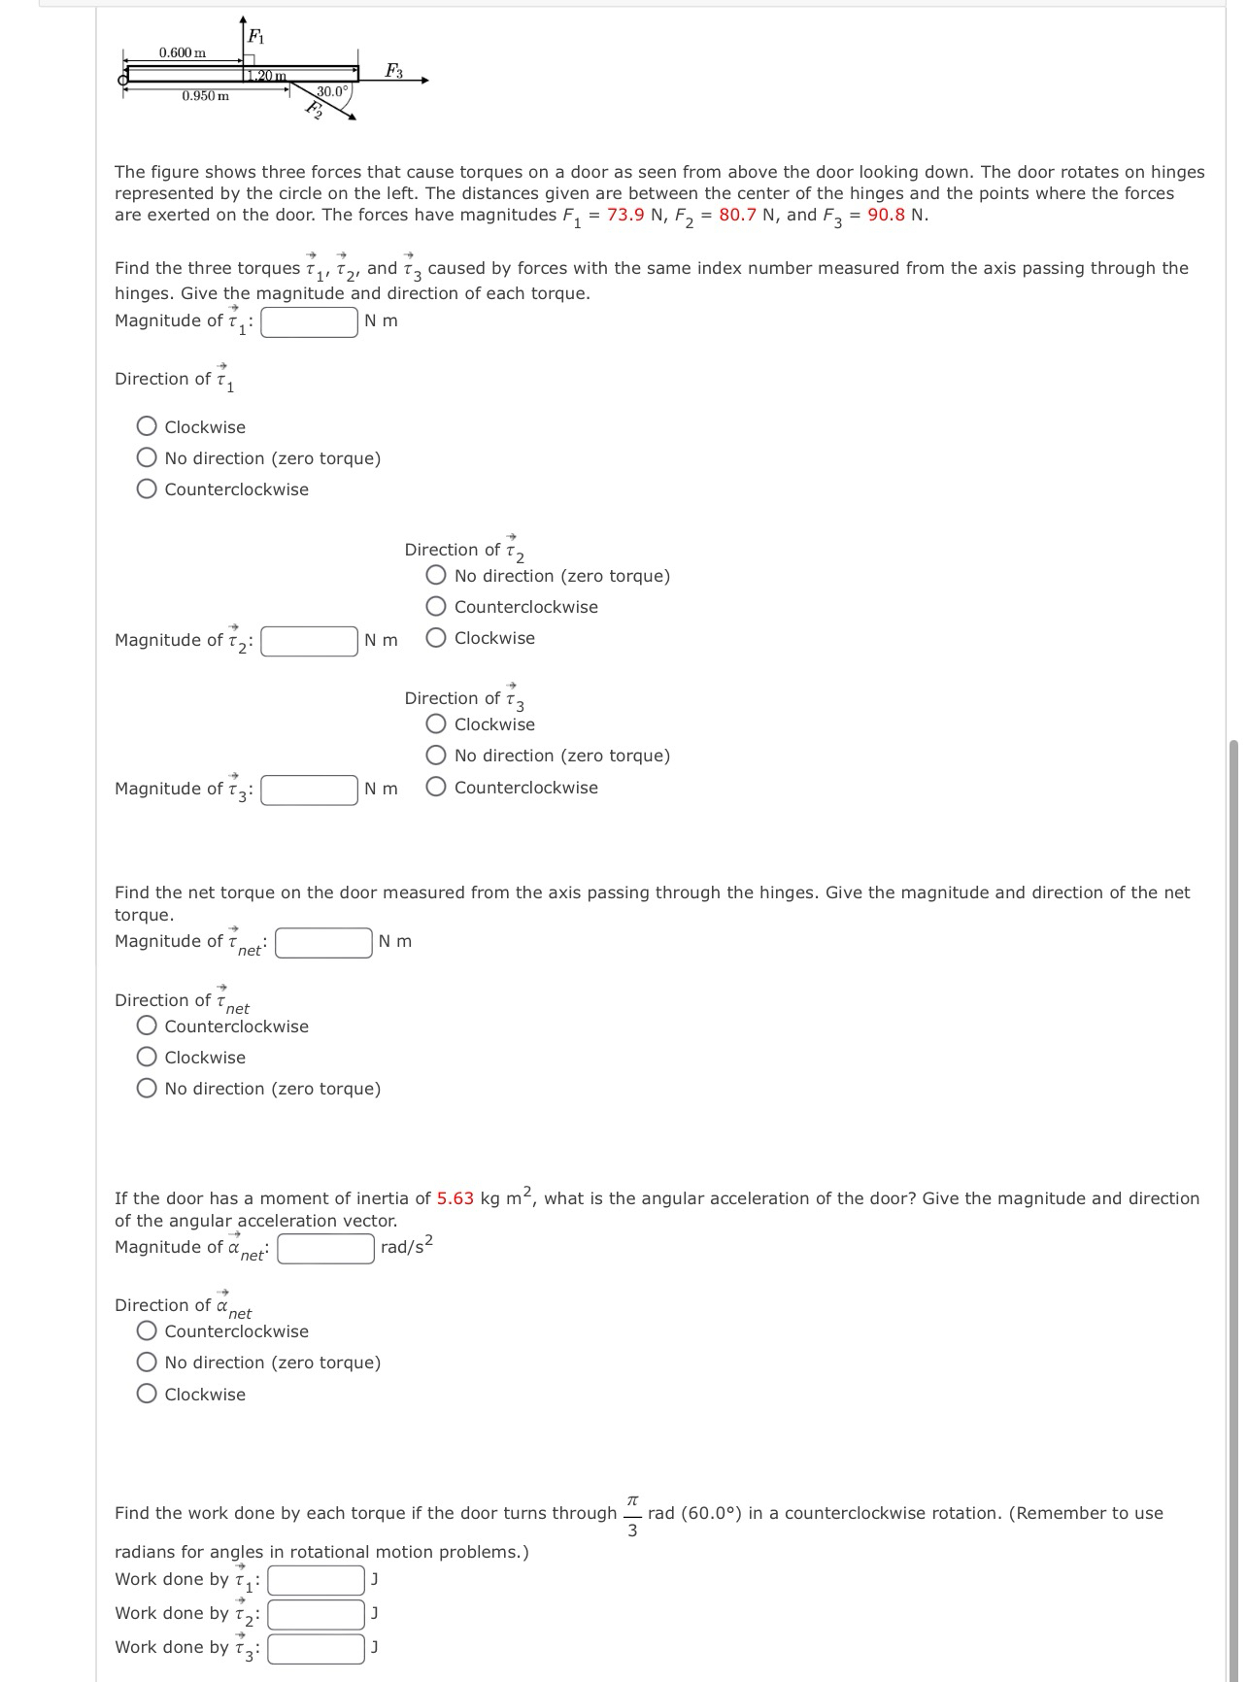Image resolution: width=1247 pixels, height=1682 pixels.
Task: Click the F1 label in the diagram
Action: [x=255, y=37]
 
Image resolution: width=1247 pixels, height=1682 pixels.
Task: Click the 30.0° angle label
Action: [x=332, y=91]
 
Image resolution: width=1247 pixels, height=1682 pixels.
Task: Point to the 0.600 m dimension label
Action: [x=183, y=52]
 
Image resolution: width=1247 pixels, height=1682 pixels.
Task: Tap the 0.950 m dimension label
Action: [x=206, y=96]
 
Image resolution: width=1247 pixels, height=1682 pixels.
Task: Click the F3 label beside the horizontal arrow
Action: [x=393, y=70]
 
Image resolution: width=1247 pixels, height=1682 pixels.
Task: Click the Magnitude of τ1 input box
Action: [x=310, y=321]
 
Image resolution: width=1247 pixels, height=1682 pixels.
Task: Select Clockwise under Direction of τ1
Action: [x=148, y=426]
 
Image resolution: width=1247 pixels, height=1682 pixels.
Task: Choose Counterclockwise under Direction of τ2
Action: [x=437, y=607]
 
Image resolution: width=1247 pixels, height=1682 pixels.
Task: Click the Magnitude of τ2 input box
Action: [x=310, y=641]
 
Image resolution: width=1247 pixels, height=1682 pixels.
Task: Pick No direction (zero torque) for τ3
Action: [x=437, y=756]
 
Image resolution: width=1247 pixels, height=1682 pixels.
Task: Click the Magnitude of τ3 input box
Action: [x=310, y=790]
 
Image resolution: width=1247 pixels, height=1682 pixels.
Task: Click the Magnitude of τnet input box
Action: [x=323, y=942]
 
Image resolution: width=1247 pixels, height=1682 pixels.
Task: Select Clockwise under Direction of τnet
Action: [x=148, y=1058]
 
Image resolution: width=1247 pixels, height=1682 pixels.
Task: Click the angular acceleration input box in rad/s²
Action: [x=326, y=1248]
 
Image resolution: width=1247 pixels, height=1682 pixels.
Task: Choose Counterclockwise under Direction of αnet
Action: [x=148, y=1331]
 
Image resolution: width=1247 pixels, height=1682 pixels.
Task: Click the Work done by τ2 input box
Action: [x=317, y=1614]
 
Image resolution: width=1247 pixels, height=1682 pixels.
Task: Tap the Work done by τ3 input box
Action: [x=317, y=1648]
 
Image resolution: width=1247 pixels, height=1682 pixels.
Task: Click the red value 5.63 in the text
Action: [x=455, y=1198]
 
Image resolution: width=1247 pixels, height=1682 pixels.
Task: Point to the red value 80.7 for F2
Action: [x=737, y=215]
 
